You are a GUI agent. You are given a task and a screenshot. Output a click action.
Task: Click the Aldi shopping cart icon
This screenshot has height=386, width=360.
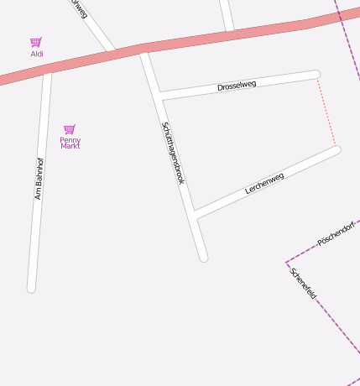(36, 42)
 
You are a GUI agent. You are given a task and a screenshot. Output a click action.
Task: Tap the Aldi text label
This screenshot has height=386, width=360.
(37, 54)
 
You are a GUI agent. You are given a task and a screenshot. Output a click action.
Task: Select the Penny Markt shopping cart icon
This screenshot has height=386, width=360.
(70, 129)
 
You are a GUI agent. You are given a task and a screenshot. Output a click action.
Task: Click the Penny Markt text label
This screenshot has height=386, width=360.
(70, 143)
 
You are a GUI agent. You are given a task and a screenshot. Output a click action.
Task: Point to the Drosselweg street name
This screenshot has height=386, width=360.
(237, 86)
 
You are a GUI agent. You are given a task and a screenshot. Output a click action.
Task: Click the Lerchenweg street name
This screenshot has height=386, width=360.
(264, 183)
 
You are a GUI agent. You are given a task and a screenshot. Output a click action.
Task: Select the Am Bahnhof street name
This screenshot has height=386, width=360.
(39, 178)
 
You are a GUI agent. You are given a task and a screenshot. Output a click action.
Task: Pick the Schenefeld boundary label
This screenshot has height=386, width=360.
(302, 284)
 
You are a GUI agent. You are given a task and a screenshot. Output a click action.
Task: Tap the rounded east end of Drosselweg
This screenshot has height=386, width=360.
(316, 75)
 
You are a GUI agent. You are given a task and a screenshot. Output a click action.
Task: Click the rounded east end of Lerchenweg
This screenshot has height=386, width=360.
(337, 150)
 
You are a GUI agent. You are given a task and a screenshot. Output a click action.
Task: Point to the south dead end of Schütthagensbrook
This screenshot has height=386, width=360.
(203, 257)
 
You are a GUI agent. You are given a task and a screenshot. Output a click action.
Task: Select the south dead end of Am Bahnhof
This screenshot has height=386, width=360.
(31, 288)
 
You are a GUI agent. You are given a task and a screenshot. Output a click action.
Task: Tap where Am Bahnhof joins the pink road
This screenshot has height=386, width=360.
(47, 69)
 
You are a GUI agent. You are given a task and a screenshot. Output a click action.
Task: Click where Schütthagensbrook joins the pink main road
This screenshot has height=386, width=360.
(144, 49)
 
